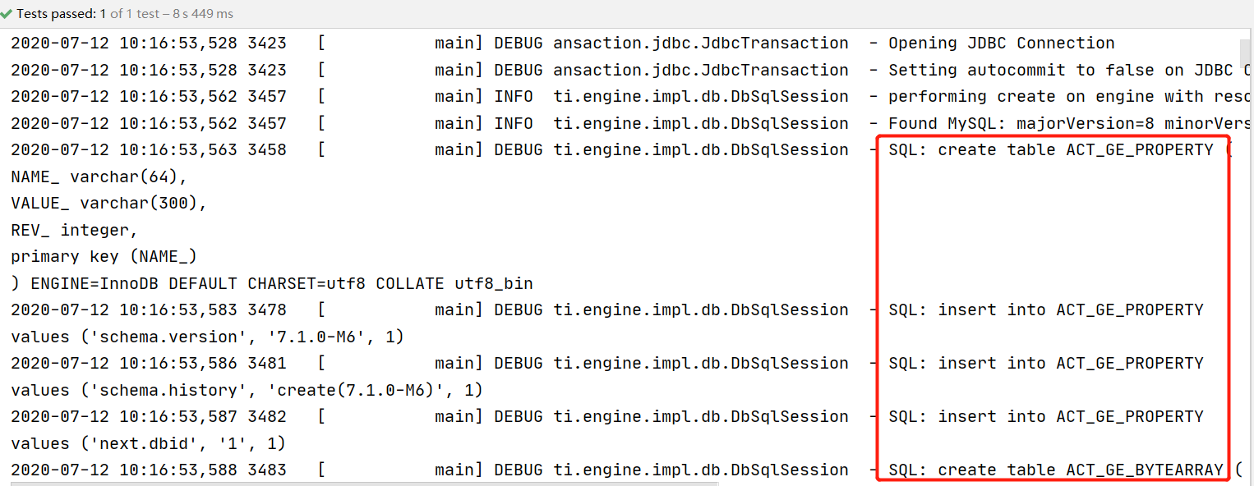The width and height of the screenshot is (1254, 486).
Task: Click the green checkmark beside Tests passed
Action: (x=7, y=14)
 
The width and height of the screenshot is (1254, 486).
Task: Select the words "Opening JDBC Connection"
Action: (x=1001, y=44)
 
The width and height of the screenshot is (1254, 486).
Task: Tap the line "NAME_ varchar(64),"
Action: (x=99, y=177)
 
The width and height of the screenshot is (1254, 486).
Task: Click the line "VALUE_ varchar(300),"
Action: (x=109, y=204)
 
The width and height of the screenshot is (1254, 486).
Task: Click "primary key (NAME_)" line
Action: (x=104, y=257)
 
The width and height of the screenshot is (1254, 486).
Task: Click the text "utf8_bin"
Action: (x=494, y=284)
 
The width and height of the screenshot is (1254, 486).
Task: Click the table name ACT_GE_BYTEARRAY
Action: (x=1145, y=470)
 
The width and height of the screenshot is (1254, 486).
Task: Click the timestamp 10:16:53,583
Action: (x=178, y=310)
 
